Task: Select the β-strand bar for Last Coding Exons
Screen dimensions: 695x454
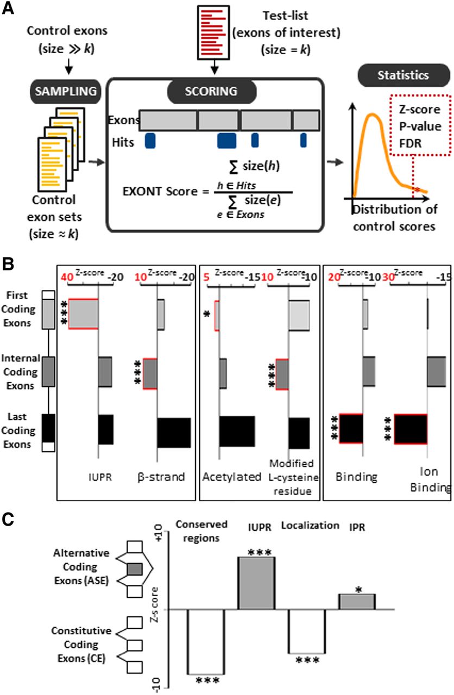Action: coord(174,433)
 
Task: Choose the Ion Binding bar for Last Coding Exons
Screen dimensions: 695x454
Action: coord(411,429)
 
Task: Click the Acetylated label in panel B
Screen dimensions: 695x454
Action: coord(225,477)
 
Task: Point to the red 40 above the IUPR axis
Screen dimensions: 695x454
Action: coord(67,277)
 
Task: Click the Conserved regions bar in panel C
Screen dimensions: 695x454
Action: coord(206,641)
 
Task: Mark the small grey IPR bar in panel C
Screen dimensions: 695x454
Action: coord(356,601)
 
